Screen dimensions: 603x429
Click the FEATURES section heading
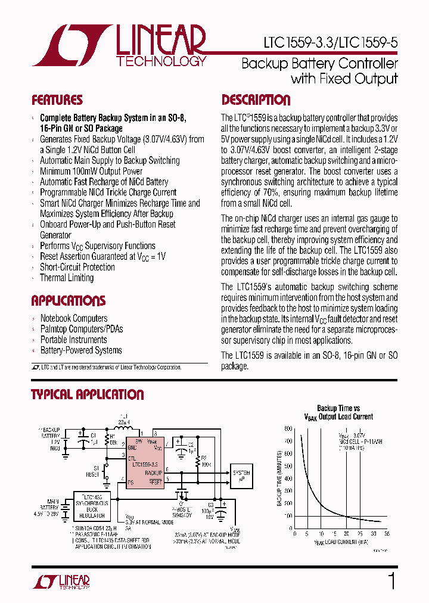point(57,100)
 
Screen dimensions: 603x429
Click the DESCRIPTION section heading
point(256,100)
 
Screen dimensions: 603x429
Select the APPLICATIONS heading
point(68,300)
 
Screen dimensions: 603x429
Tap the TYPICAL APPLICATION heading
point(87,394)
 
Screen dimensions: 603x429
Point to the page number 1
point(391,580)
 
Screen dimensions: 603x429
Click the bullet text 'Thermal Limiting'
point(67,278)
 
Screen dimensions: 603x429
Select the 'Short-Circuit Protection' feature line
point(77,267)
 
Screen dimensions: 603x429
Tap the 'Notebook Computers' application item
point(74,318)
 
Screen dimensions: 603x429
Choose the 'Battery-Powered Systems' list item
point(81,350)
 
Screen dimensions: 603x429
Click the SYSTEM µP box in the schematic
point(241,475)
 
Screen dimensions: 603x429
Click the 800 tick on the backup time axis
point(288,429)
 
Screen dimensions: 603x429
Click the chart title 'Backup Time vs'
point(338,408)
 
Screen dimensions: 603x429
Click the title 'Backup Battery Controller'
point(319,64)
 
